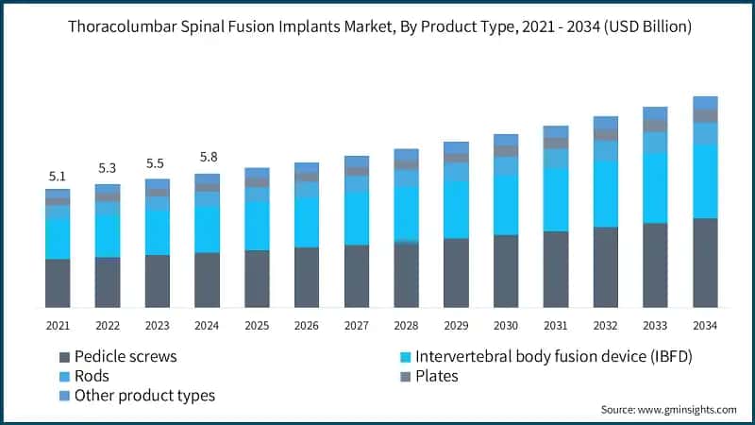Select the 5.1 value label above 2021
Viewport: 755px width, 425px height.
click(x=58, y=176)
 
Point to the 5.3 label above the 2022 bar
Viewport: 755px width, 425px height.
click(x=108, y=169)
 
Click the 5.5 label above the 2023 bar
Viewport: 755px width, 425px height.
click(x=157, y=163)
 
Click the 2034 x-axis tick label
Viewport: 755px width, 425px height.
click(x=705, y=325)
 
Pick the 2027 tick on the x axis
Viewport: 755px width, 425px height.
click(x=356, y=325)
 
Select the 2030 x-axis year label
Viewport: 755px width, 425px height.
click(x=506, y=325)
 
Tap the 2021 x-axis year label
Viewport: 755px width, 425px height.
click(x=58, y=325)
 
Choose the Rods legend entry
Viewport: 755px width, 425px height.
click(x=92, y=376)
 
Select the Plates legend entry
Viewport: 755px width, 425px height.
click(x=437, y=376)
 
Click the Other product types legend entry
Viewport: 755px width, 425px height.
click(x=143, y=396)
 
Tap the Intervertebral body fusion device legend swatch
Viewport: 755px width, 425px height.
click(x=405, y=358)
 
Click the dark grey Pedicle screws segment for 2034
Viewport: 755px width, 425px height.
click(x=705, y=263)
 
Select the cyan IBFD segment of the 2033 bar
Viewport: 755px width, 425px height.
click(x=655, y=188)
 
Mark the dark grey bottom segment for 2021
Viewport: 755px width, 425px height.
click(x=58, y=282)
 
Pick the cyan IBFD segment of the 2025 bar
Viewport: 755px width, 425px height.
click(x=257, y=225)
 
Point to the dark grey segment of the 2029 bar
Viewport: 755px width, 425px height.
click(x=456, y=272)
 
